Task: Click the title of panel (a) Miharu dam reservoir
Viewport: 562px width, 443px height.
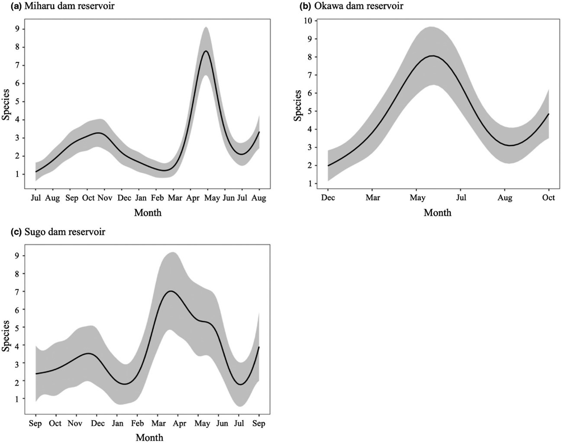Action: (63, 6)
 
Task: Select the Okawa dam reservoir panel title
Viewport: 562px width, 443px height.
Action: (351, 6)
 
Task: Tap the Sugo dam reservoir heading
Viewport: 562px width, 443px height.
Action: (58, 232)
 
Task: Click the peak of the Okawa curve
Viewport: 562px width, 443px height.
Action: (432, 56)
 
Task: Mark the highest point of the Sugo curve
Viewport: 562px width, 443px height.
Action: (171, 291)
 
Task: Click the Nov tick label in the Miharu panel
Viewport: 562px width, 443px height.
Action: (105, 198)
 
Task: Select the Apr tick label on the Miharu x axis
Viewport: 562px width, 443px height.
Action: (192, 198)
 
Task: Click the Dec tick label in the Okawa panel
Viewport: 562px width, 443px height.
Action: (328, 198)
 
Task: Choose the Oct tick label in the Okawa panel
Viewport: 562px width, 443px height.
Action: (549, 198)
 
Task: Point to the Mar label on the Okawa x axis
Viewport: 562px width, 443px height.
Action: (372, 198)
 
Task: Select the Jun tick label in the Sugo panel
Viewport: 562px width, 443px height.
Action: (222, 423)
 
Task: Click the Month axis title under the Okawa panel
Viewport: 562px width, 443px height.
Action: (437, 213)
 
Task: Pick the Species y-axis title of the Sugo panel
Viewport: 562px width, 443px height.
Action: (6, 336)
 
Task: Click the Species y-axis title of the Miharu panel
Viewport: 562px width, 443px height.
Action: (6, 105)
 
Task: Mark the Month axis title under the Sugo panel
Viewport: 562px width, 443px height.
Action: (149, 437)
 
